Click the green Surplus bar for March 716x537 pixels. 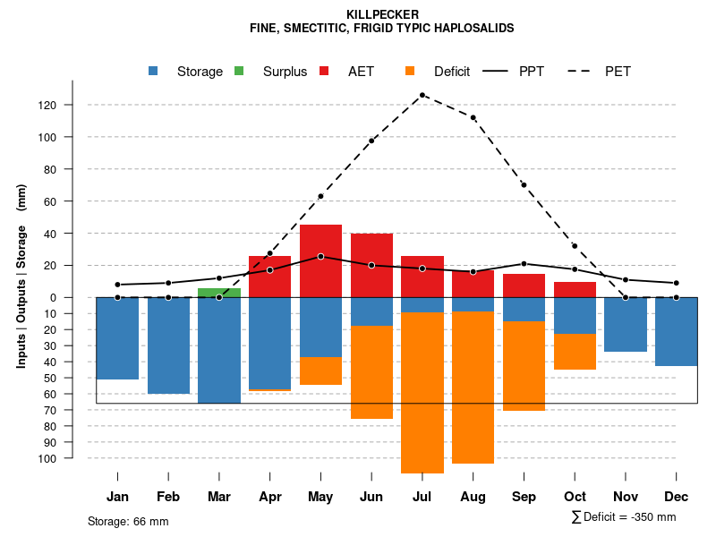(219, 293)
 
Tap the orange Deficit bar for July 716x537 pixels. (422, 392)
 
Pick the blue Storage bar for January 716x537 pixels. (117, 338)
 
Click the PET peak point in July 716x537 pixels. (422, 95)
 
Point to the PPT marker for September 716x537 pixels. (524, 264)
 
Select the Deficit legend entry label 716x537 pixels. (452, 72)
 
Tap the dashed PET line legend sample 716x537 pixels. (584, 72)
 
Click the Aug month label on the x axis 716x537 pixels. (473, 497)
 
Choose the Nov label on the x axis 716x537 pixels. (626, 497)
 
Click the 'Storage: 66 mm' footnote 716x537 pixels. (128, 521)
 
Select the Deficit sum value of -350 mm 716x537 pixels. (643, 517)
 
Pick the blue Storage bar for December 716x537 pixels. (677, 331)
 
